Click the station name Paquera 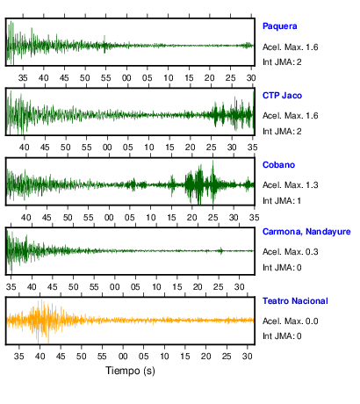pos(279,26)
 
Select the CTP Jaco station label pos(282,96)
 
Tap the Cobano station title pos(278,165)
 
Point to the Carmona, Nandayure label pos(306,232)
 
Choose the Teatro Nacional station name pos(295,301)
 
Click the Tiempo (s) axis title pos(130,371)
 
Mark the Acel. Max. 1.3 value pos(290,185)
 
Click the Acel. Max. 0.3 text pos(290,252)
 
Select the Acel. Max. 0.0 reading pos(290,321)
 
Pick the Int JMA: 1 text pos(282,201)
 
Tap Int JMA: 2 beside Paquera pos(282,62)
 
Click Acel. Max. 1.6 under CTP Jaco pos(290,116)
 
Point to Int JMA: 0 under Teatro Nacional pos(282,335)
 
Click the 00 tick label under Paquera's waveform pos(126,78)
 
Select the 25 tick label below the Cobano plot pos(212,218)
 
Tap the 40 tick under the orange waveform pos(40,357)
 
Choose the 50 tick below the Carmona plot pos(73,287)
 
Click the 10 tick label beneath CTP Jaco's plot pos(148,148)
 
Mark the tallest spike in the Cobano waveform pos(212,162)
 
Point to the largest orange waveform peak pos(41,300)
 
